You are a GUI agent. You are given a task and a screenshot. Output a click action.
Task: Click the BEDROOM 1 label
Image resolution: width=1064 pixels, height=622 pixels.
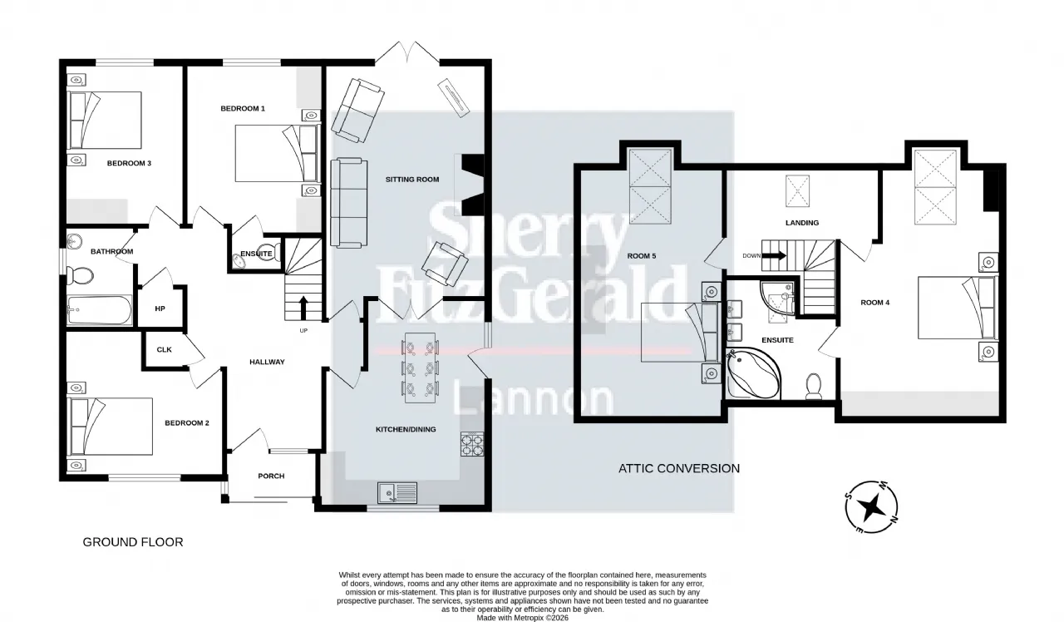click(x=243, y=108)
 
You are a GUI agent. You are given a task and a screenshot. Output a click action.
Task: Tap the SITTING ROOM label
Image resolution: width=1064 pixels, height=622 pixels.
click(x=412, y=179)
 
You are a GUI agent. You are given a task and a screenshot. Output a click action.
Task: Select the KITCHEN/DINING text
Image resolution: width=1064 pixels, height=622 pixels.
click(x=406, y=429)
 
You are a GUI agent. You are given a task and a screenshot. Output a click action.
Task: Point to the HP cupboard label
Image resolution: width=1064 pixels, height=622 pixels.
click(x=160, y=309)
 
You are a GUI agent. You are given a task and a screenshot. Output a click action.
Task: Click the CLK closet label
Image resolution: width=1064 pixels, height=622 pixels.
click(x=165, y=349)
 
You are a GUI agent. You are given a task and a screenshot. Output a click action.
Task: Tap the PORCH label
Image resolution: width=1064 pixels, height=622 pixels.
click(x=271, y=476)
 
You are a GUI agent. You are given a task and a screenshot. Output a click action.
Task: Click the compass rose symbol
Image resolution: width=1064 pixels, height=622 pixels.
click(x=872, y=507)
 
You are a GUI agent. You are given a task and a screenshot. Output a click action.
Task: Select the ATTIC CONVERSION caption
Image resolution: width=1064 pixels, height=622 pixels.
click(x=679, y=468)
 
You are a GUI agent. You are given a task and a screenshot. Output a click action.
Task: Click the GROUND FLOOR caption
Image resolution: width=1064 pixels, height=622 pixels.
click(x=133, y=542)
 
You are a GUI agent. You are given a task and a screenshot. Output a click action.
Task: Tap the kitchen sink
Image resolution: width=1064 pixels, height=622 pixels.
click(x=397, y=493)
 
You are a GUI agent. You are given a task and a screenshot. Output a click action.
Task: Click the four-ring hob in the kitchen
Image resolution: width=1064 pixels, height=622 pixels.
click(x=472, y=444)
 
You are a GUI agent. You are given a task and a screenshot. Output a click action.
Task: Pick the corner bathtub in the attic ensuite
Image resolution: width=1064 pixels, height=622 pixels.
click(x=753, y=374)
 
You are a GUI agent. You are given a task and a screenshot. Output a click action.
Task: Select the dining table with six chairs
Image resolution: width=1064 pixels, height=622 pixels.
click(x=420, y=368)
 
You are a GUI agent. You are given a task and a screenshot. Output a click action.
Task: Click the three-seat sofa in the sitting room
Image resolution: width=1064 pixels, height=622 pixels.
click(x=349, y=203)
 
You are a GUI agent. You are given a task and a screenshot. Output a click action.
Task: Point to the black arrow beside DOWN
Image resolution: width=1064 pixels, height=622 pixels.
click(x=774, y=255)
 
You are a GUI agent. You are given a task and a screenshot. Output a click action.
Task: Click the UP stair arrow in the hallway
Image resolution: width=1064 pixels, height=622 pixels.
click(x=303, y=307)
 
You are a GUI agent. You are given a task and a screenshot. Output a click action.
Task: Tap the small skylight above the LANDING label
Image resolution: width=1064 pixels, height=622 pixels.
click(x=797, y=191)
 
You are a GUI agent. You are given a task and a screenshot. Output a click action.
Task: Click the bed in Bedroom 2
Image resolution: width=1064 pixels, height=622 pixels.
click(x=111, y=427)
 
